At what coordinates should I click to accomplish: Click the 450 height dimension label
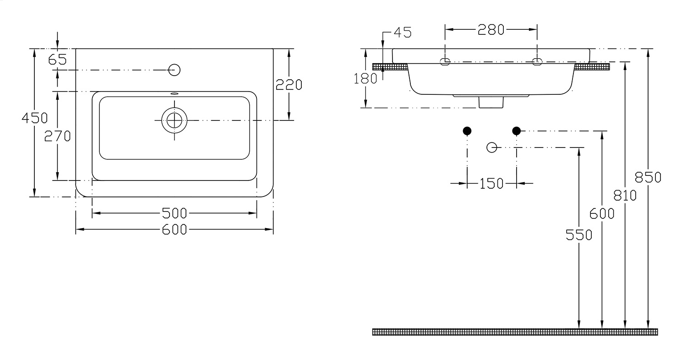35,118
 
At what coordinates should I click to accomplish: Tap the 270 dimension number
57,136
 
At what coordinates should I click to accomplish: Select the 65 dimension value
57,60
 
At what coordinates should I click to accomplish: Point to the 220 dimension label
289,85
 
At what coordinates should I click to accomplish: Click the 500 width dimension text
174,213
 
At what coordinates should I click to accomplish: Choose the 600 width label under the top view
174,229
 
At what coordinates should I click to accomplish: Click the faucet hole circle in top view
174,70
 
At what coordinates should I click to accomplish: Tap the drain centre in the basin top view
174,120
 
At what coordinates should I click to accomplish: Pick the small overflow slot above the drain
174,93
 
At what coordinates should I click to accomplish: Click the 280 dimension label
491,30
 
